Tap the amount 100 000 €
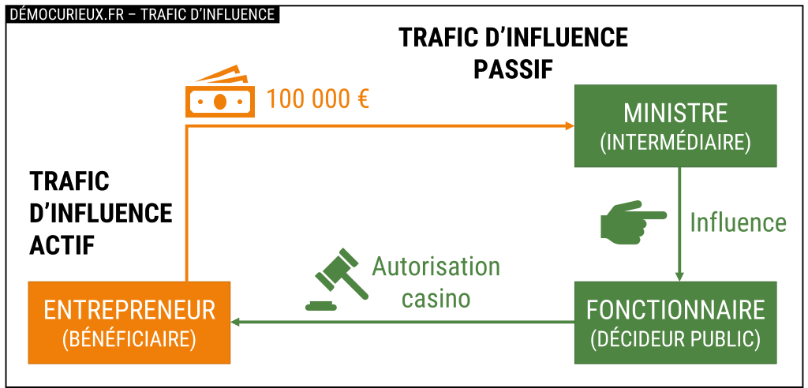point(319,99)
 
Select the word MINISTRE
point(675,113)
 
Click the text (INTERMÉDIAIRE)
point(675,143)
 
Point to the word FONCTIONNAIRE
point(675,308)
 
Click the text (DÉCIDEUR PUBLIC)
point(675,338)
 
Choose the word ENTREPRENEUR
point(129,309)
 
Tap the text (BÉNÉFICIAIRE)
point(129,339)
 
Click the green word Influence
point(739,222)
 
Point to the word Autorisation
point(436,267)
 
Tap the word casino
point(436,299)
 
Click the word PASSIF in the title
point(513,69)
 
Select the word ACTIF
point(62,245)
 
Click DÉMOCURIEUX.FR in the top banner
point(66,14)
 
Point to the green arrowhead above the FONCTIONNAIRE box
point(679,277)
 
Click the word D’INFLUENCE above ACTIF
point(100,213)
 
